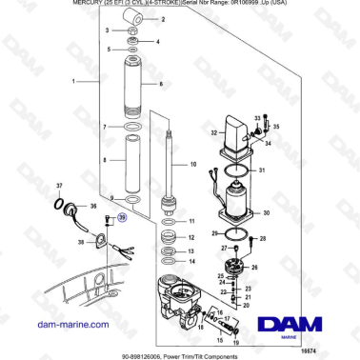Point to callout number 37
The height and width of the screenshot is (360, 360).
point(59,184)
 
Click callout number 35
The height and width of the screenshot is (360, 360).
point(277,125)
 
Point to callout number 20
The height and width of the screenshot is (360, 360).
point(246,306)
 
